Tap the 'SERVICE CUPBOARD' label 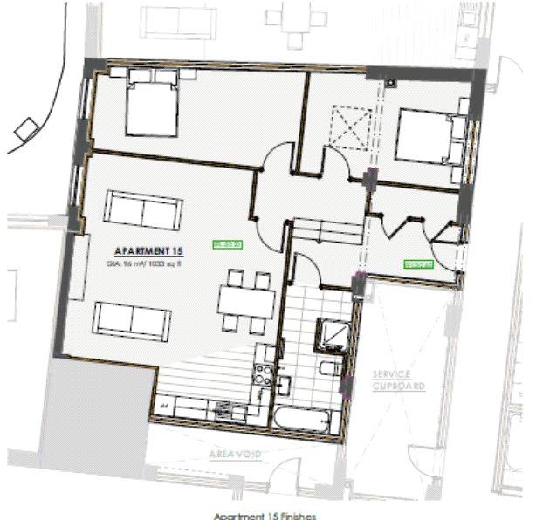coord(398,380)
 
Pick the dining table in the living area coord(247,302)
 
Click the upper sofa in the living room coord(144,208)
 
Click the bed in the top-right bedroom coord(429,135)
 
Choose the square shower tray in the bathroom coord(332,334)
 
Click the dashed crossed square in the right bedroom coord(351,127)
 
